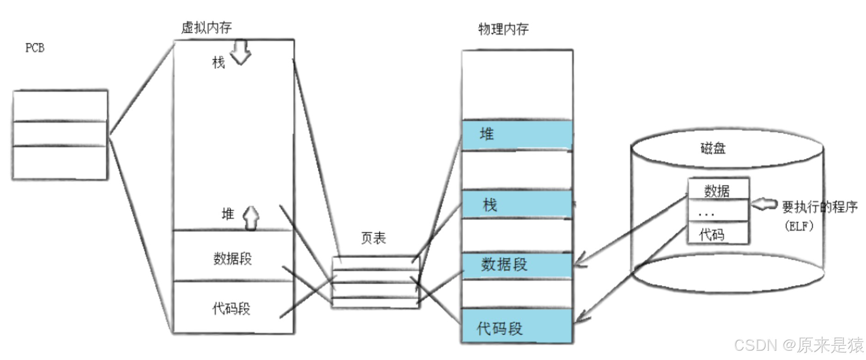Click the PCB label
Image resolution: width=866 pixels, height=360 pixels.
click(x=35, y=48)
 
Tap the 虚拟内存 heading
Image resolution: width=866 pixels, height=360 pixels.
click(x=206, y=28)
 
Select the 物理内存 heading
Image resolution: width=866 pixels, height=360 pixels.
click(x=503, y=30)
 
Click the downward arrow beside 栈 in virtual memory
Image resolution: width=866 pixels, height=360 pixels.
click(x=240, y=52)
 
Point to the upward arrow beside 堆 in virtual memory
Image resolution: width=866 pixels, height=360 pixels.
click(x=251, y=217)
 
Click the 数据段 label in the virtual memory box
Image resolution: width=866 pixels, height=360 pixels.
click(x=232, y=258)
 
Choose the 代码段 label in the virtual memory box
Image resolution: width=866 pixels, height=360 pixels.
click(x=231, y=308)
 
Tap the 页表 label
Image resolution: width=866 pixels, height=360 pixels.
click(x=373, y=238)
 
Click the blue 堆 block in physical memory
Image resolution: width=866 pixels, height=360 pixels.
click(x=517, y=134)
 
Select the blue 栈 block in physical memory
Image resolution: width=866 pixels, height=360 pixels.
click(x=517, y=204)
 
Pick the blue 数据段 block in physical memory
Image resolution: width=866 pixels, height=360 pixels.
click(x=517, y=265)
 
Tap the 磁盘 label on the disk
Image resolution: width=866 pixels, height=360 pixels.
click(x=713, y=148)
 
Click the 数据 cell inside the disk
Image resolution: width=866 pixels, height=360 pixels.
click(x=717, y=190)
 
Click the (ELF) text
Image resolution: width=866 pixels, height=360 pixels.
click(x=799, y=226)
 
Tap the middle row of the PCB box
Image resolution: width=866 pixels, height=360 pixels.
click(x=60, y=134)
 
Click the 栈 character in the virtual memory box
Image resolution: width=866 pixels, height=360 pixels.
click(x=218, y=62)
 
